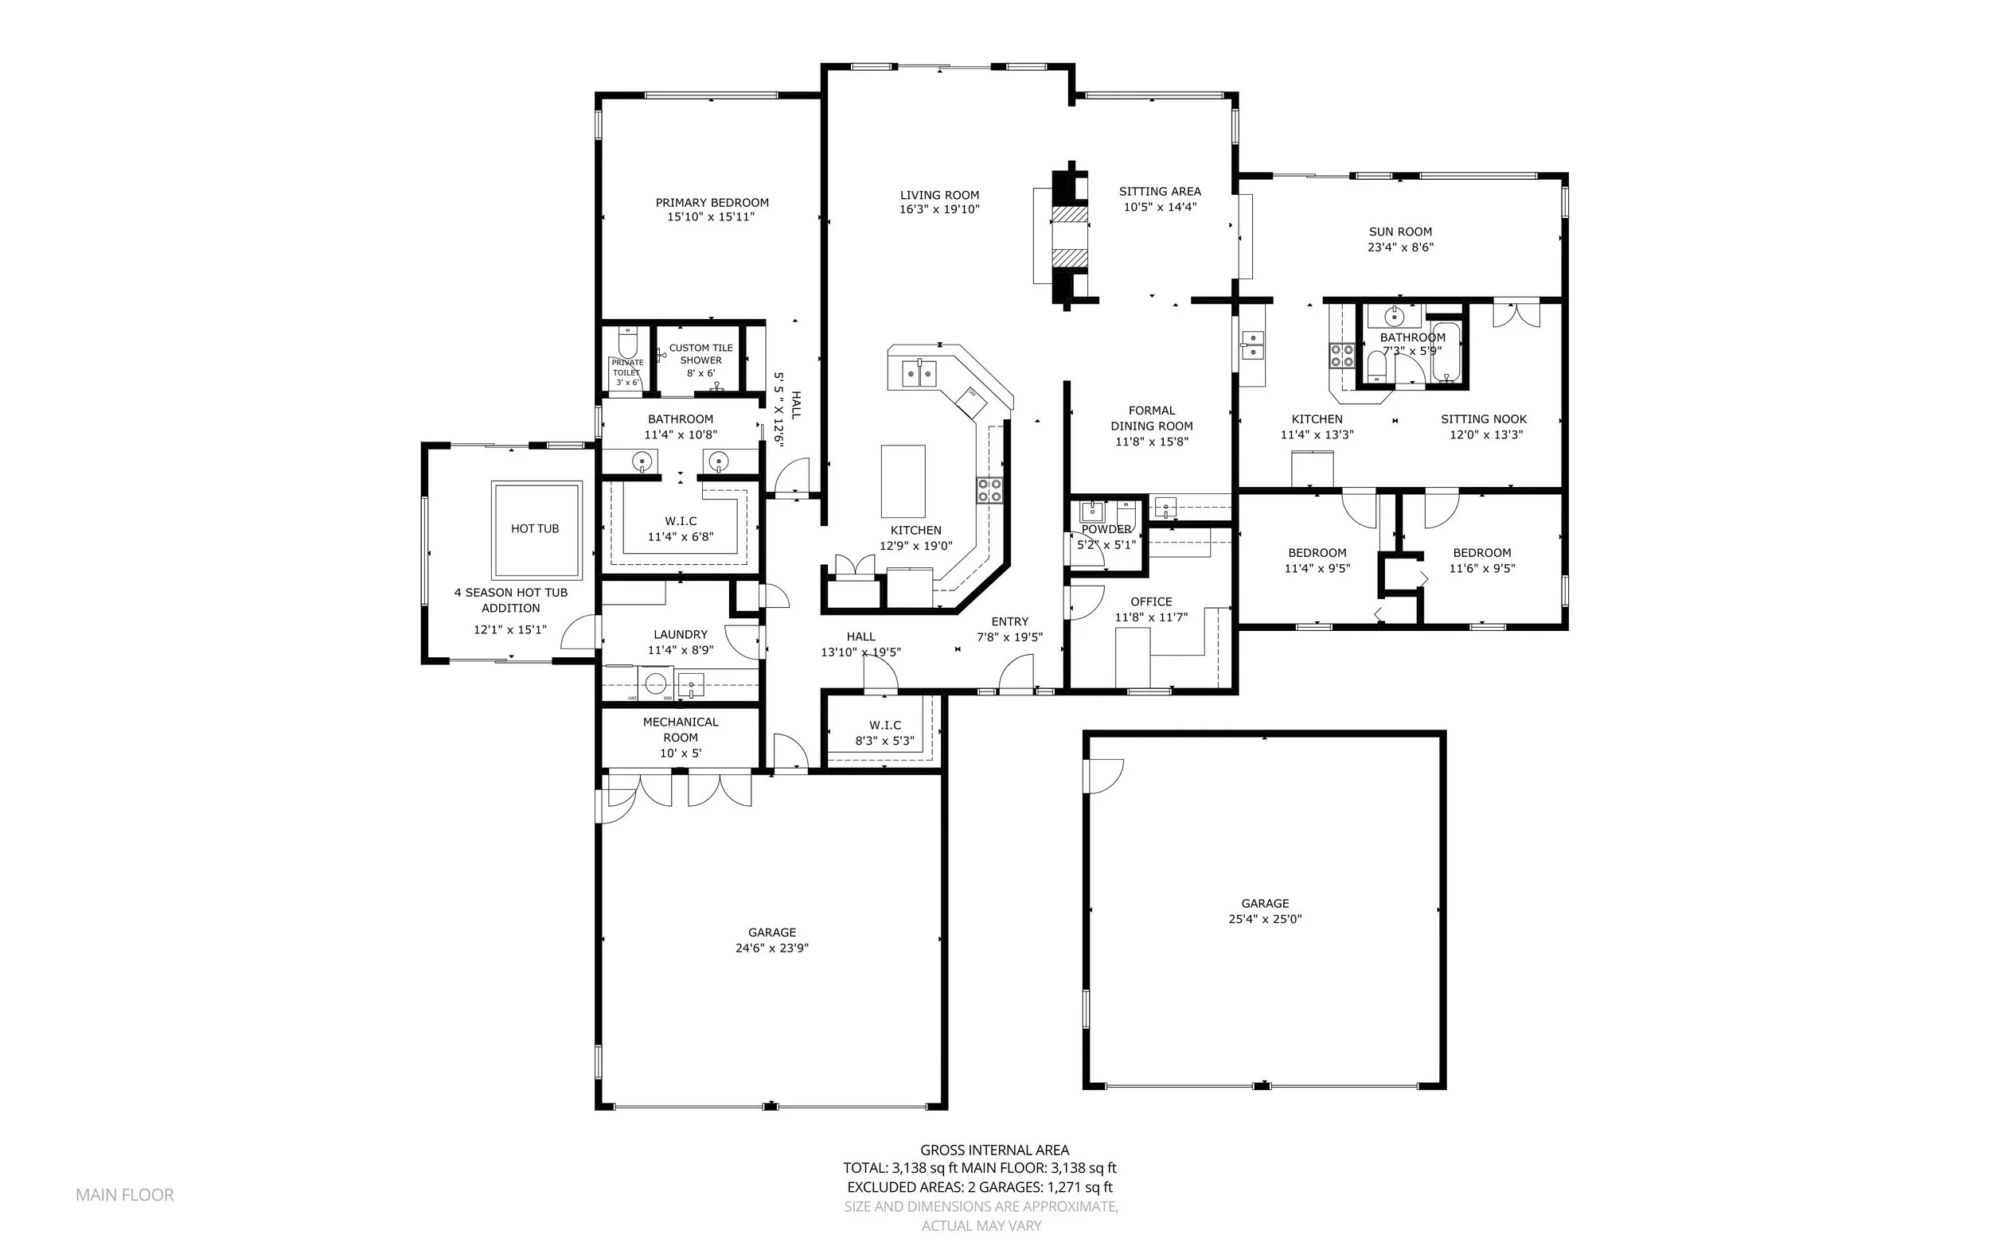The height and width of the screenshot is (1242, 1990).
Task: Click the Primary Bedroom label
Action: click(x=712, y=203)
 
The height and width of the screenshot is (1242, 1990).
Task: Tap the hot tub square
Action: click(x=537, y=529)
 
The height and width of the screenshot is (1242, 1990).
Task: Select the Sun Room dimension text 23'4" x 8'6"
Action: click(x=1400, y=247)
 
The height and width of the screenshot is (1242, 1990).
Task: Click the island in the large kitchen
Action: click(x=903, y=481)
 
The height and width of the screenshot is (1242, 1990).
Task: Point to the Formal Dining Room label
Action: click(x=1151, y=418)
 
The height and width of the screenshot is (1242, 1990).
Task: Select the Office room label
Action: click(x=1151, y=602)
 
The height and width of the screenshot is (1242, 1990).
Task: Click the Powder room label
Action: click(x=1106, y=529)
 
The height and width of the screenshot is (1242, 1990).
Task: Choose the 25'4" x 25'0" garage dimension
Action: click(x=1265, y=919)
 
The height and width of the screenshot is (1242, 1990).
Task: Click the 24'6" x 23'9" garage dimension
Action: click(x=771, y=948)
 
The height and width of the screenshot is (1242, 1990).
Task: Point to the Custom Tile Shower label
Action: click(x=700, y=354)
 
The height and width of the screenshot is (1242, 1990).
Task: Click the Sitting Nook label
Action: click(x=1483, y=419)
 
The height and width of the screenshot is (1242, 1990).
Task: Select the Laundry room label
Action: click(x=681, y=634)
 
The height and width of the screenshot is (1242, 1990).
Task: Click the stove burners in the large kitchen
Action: click(x=989, y=490)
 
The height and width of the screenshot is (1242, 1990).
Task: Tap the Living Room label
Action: click(x=939, y=196)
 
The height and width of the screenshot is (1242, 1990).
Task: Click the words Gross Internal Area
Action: click(x=994, y=1150)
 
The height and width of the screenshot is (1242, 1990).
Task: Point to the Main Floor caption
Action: click(x=125, y=1195)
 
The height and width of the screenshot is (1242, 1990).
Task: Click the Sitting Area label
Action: click(x=1159, y=192)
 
